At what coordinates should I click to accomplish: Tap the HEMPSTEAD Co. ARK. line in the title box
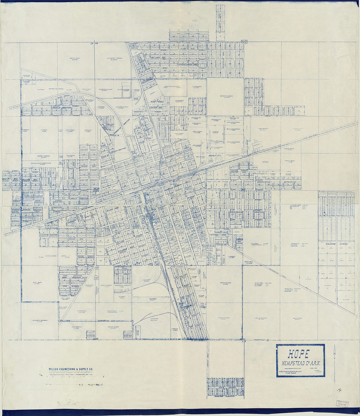300,363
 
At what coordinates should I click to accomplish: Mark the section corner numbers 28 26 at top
94,43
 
